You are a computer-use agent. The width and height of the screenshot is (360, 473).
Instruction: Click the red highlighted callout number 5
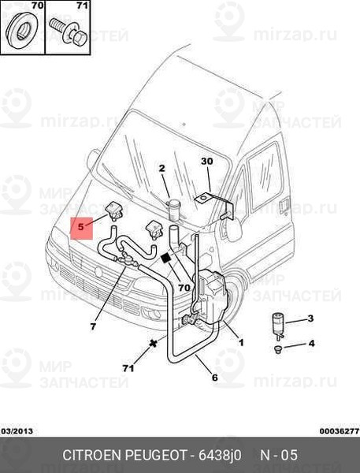80,226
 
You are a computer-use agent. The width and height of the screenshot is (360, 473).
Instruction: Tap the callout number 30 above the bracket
207,162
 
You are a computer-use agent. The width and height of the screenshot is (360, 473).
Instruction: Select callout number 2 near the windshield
162,168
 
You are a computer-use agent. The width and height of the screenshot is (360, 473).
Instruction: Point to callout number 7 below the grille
93,326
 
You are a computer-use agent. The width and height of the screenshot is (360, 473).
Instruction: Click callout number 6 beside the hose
215,378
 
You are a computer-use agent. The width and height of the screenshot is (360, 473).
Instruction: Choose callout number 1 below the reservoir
241,343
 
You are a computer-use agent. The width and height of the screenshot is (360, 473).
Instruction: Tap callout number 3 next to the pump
310,318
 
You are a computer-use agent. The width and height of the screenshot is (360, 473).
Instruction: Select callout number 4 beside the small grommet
311,343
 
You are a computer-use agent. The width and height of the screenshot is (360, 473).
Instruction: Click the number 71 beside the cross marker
128,368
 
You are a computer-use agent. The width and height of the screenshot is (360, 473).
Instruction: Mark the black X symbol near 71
154,343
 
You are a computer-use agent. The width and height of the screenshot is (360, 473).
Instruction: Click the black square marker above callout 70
166,259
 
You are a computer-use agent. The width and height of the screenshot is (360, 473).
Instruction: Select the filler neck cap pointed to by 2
174,209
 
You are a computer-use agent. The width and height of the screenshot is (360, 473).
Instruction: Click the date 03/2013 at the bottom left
17,431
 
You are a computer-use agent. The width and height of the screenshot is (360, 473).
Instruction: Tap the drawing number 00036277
340,431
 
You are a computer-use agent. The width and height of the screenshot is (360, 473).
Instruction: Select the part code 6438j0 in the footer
220,455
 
